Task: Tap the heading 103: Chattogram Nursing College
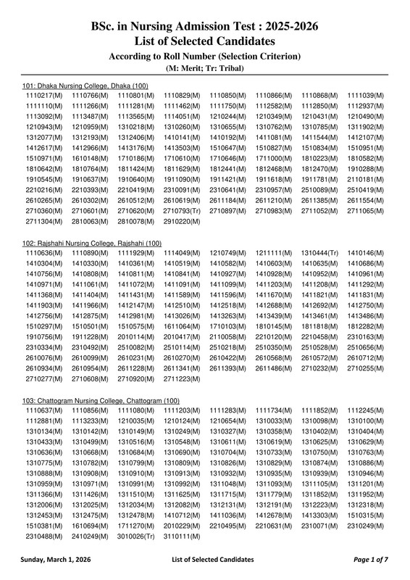pos(101,401)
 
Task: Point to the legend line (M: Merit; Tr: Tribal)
pos(204,68)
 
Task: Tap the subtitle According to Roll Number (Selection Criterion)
pos(204,56)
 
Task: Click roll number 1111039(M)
pos(365,95)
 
